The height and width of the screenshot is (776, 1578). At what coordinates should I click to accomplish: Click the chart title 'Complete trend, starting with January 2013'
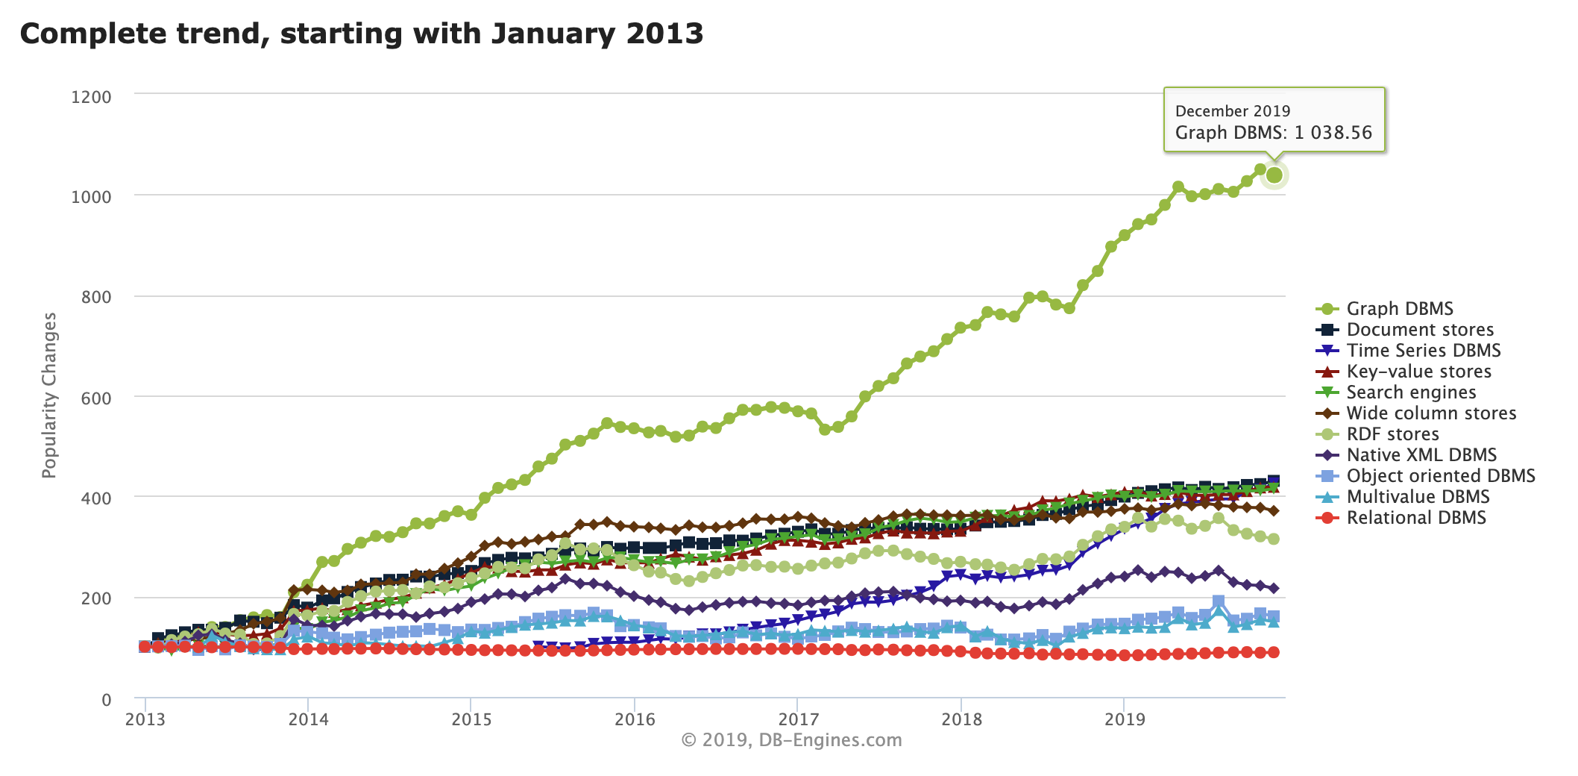(362, 34)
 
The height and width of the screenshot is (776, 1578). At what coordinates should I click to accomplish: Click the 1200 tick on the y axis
(91, 97)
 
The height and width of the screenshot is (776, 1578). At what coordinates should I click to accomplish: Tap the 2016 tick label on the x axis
(635, 719)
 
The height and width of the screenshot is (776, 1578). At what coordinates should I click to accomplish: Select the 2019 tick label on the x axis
(1125, 719)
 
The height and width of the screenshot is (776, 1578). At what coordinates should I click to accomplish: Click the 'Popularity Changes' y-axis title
(49, 395)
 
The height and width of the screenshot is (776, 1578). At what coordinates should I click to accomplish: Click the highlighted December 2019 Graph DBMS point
(1274, 175)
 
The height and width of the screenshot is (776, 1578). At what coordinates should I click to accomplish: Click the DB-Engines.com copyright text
(791, 740)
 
